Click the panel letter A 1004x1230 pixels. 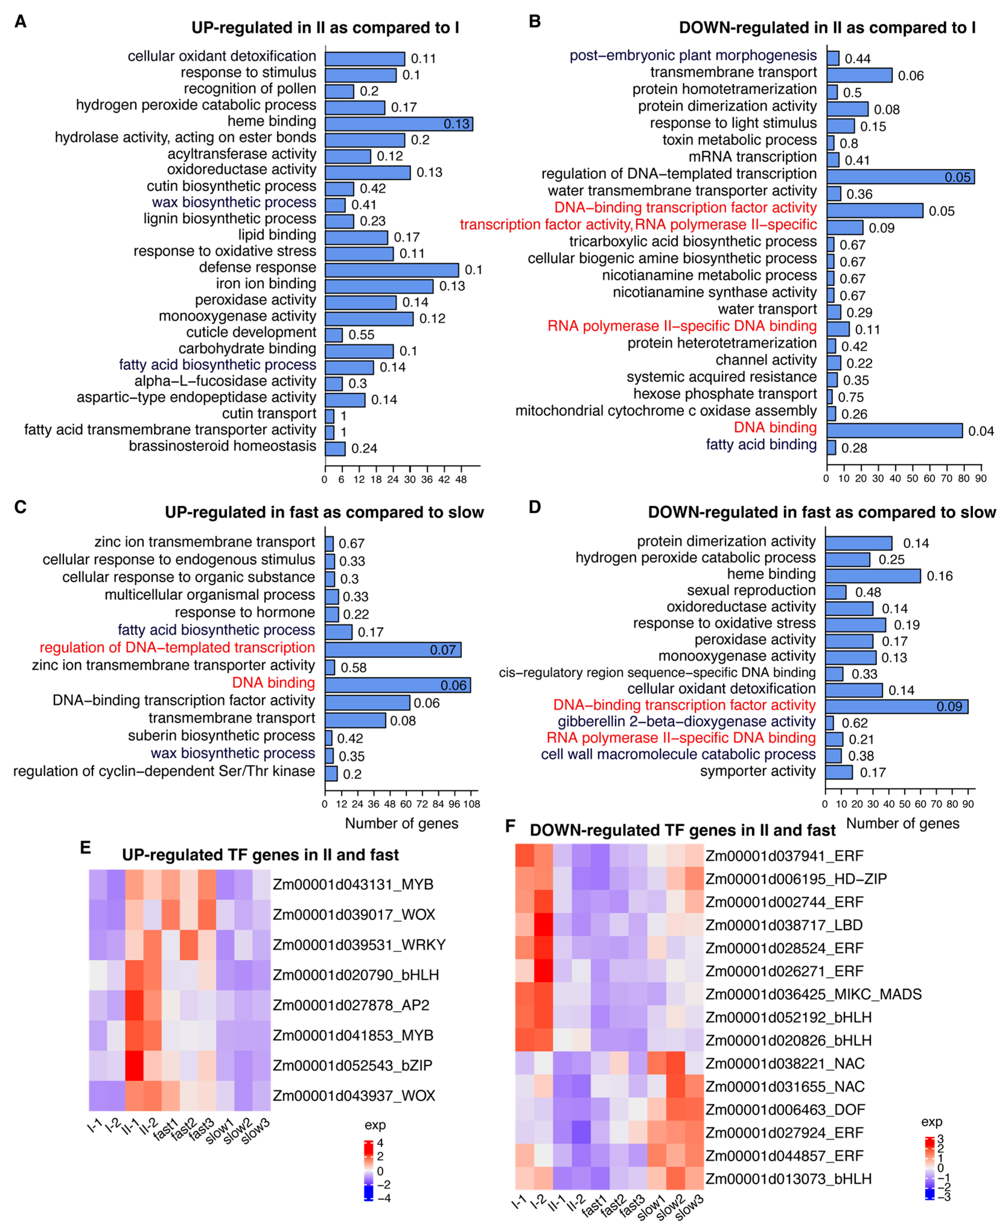20,22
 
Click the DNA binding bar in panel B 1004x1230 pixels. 894,430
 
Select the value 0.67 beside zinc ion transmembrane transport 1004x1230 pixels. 352,543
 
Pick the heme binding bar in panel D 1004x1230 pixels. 873,576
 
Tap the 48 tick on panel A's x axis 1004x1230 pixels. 461,479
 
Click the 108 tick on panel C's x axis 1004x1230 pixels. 471,804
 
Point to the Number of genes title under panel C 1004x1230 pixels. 401,823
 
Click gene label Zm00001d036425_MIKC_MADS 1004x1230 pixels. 813,994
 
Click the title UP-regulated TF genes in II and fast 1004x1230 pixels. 260,855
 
